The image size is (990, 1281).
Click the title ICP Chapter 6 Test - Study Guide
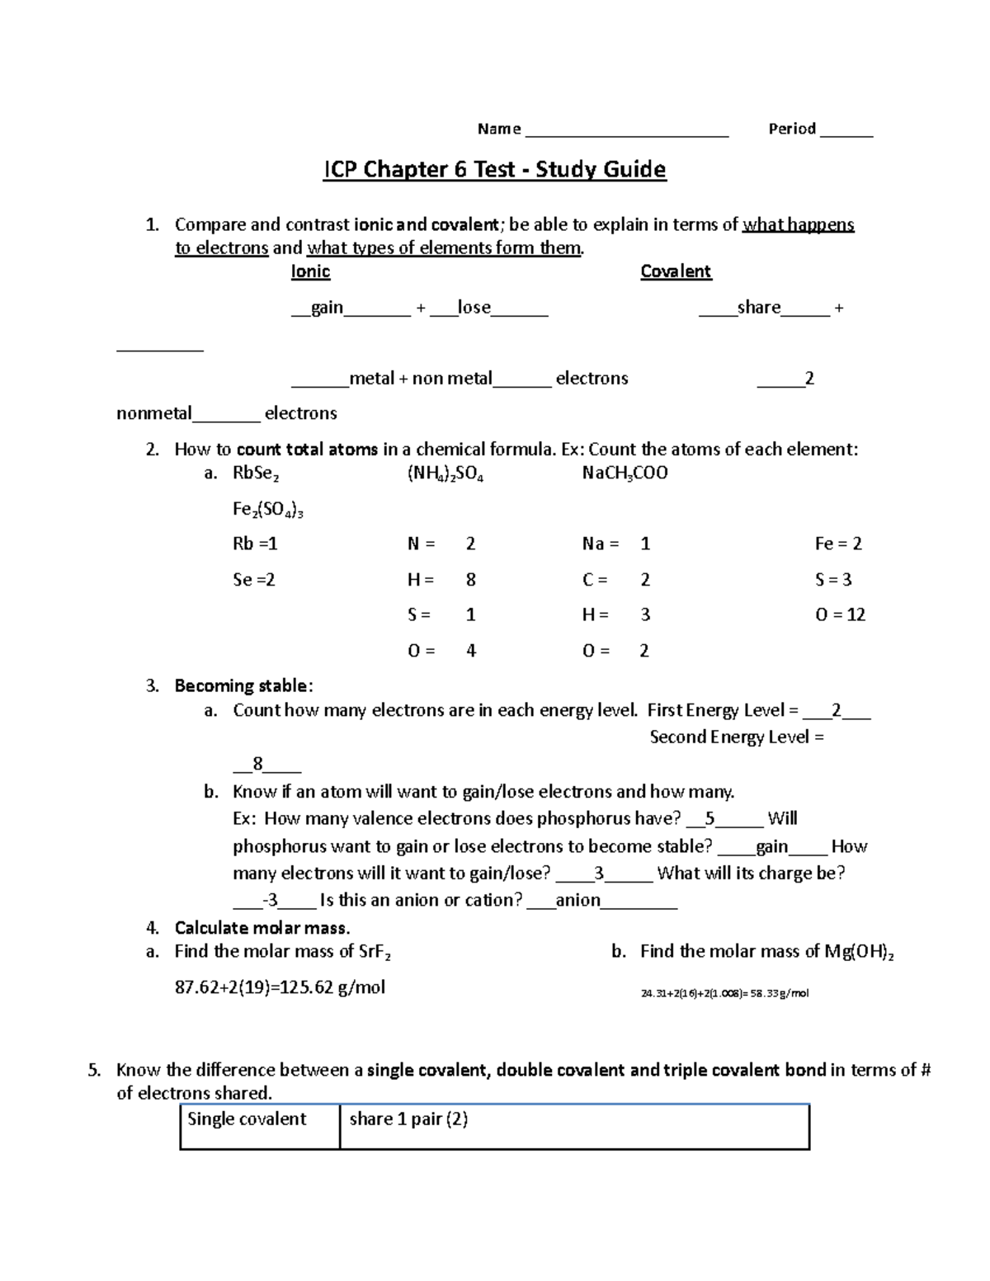[494, 170]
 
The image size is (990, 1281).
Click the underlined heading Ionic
[310, 271]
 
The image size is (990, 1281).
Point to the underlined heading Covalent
[676, 271]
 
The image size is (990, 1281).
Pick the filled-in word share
[758, 308]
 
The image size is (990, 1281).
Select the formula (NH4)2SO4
[445, 473]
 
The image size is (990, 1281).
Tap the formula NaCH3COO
[625, 473]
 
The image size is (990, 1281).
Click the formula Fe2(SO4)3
[268, 510]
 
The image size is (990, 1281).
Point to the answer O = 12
[840, 615]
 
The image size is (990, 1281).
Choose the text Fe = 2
[838, 544]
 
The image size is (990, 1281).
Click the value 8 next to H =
[471, 580]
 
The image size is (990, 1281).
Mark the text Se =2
[253, 580]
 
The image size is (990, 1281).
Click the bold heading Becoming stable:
[243, 686]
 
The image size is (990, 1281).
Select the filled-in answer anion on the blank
[577, 900]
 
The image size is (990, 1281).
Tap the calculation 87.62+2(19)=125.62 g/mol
[280, 987]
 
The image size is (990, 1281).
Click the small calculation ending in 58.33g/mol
[724, 993]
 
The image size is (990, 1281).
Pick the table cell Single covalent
[247, 1119]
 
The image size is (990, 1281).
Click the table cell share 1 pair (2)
[408, 1119]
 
